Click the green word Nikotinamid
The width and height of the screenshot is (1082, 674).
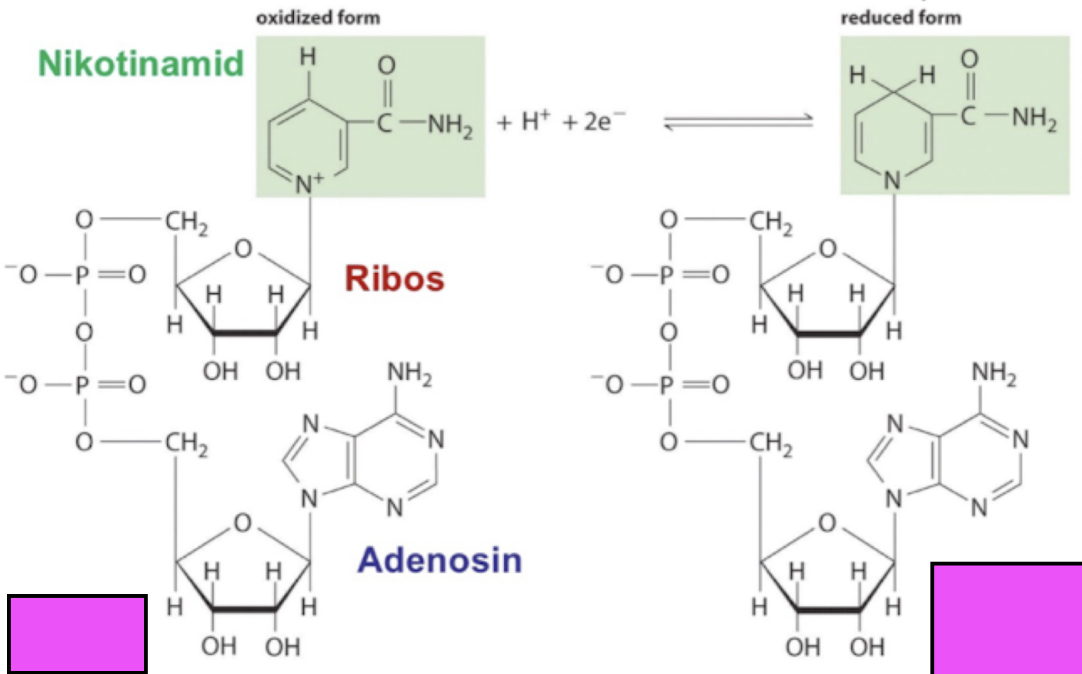(141, 63)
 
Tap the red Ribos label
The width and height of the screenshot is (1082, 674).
(394, 279)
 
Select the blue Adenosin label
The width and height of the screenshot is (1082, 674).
(439, 559)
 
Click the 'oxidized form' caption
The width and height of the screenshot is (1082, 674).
(318, 17)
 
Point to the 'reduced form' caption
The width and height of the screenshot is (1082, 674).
(900, 17)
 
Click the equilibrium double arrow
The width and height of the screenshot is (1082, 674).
(738, 121)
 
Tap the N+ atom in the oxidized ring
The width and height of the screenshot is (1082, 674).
(309, 182)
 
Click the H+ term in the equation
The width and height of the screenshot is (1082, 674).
(535, 121)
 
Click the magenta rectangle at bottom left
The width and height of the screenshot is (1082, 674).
(77, 633)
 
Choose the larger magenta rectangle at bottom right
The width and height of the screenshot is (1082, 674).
(1006, 618)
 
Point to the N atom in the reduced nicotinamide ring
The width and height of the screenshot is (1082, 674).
(893, 180)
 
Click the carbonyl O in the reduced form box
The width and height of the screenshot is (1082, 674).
(970, 58)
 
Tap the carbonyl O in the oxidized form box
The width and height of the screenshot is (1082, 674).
(386, 65)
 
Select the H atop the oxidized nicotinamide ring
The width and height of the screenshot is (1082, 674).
(308, 56)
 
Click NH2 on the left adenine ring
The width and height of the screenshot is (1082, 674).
(409, 374)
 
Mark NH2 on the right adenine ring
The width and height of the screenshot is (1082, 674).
(994, 374)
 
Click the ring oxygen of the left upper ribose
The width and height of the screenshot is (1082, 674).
(243, 249)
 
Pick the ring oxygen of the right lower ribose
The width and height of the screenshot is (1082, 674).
(827, 523)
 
